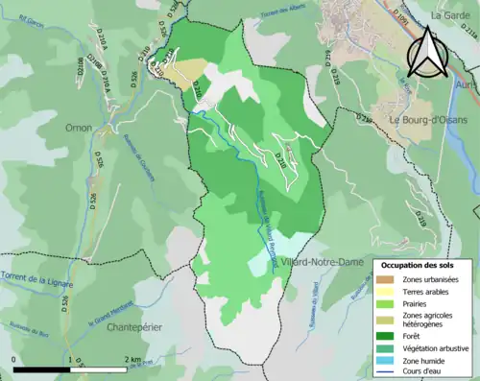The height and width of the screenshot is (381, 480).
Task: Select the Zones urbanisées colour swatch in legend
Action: pos(389,279)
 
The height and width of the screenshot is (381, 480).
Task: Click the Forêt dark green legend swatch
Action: pos(389,335)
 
